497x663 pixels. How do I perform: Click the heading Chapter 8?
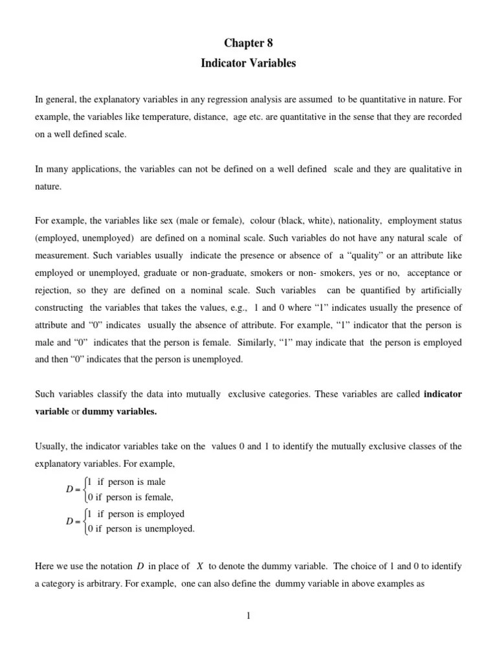point(248,43)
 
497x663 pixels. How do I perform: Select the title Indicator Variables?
point(248,63)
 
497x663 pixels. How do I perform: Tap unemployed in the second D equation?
point(169,528)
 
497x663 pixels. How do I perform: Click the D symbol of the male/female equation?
point(69,489)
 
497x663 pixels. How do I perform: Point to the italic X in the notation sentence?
point(200,566)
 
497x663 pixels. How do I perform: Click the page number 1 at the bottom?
point(248,616)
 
